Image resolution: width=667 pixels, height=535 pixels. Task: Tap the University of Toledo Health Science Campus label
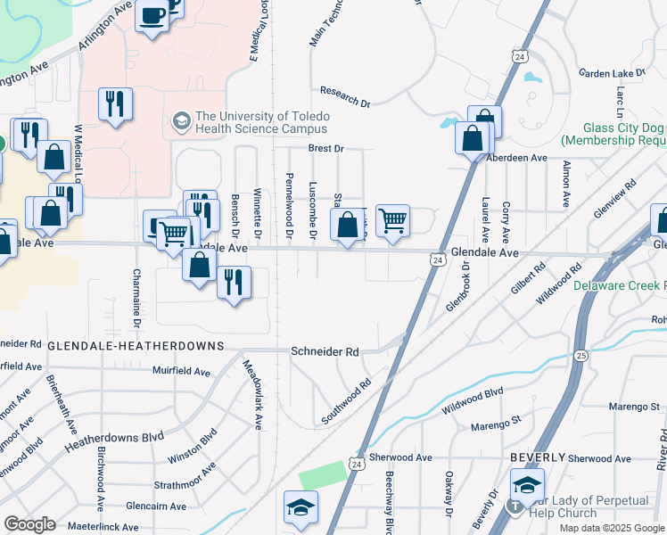pyautogui.click(x=262, y=123)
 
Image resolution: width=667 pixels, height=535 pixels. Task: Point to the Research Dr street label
pyautogui.click(x=345, y=97)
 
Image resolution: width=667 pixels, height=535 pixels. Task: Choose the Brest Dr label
pyautogui.click(x=325, y=149)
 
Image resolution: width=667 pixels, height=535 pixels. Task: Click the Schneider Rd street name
pyautogui.click(x=325, y=352)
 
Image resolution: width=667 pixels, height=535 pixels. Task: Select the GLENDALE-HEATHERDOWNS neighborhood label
pyautogui.click(x=119, y=344)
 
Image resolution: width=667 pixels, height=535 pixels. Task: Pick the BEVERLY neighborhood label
pyautogui.click(x=538, y=457)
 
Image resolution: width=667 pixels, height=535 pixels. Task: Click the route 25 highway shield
pyautogui.click(x=581, y=356)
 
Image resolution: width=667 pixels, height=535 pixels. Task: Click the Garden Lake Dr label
pyautogui.click(x=611, y=73)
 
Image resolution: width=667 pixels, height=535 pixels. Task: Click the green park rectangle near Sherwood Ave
pyautogui.click(x=322, y=475)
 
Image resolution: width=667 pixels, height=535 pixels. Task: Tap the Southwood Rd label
pyautogui.click(x=346, y=403)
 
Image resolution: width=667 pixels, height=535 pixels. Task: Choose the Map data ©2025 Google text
pyautogui.click(x=612, y=528)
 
